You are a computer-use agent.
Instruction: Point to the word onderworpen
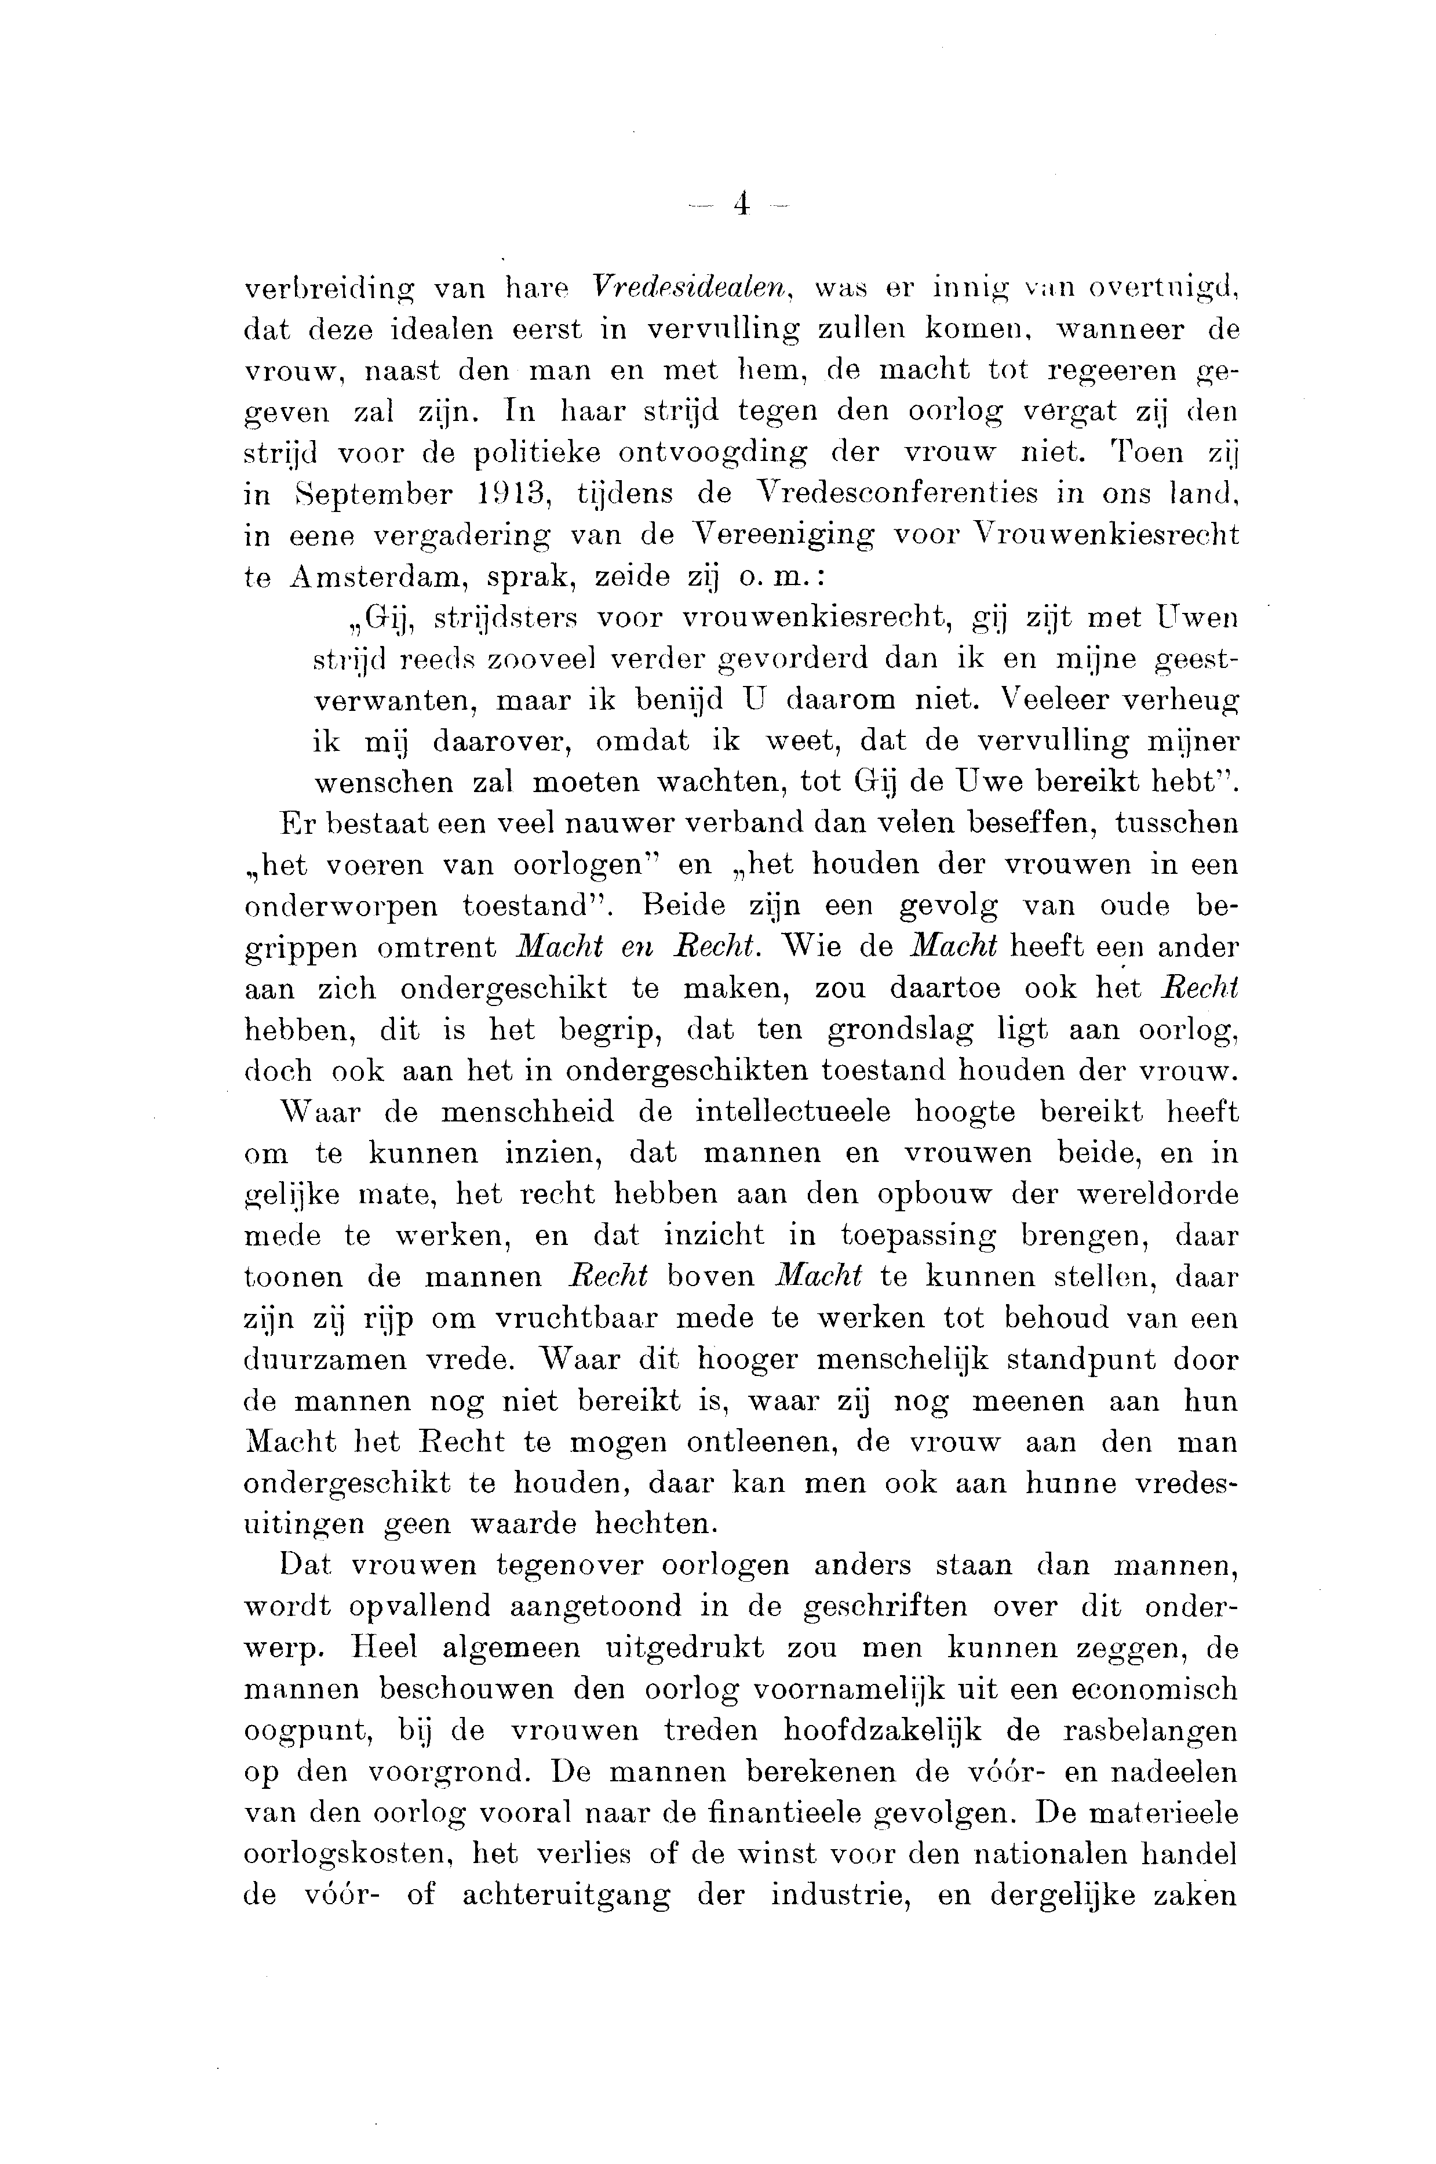click(341, 906)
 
